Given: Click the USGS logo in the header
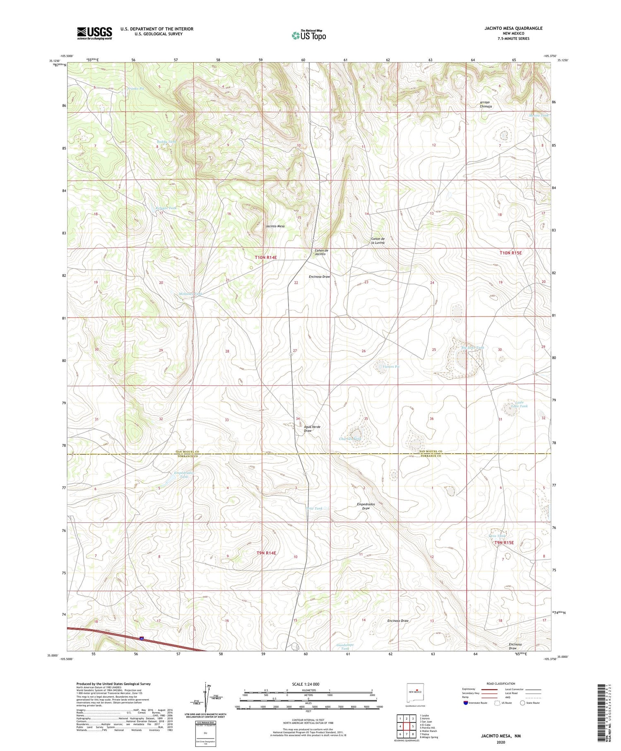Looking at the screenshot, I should point(94,33).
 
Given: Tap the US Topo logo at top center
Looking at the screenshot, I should point(308,35).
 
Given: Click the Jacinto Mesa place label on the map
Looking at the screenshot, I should point(275,226).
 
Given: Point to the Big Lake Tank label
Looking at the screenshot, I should point(472,348).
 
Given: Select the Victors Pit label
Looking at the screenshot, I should point(391,367).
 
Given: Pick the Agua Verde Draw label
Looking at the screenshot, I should point(312,429).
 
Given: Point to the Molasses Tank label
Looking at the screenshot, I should point(190,294).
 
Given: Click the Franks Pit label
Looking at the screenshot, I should point(135,89).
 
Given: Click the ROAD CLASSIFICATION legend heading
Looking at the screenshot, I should point(501,683).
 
